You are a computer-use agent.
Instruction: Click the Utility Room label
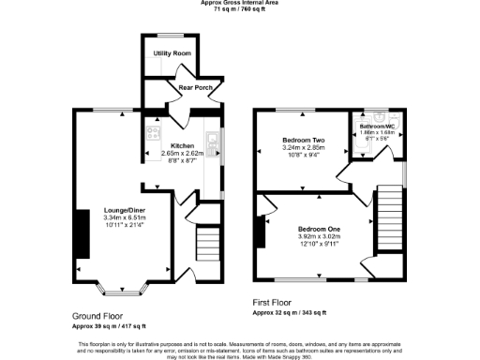click(x=172, y=54)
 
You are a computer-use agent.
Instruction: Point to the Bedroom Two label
click(x=303, y=141)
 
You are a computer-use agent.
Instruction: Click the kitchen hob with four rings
click(x=151, y=134)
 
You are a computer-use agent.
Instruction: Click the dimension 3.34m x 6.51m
click(x=123, y=218)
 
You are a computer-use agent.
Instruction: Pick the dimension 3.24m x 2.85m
click(x=303, y=148)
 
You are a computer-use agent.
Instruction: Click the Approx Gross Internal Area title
click(x=240, y=3)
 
